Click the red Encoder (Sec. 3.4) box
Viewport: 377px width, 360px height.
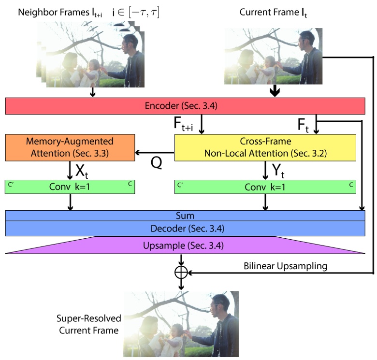point(185,106)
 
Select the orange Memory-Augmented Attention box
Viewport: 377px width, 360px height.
point(70,147)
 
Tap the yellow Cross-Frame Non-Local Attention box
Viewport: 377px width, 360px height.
point(264,147)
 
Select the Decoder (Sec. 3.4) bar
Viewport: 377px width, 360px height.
point(185,228)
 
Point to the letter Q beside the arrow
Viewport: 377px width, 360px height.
point(156,163)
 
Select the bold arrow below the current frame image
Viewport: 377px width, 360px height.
point(275,91)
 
